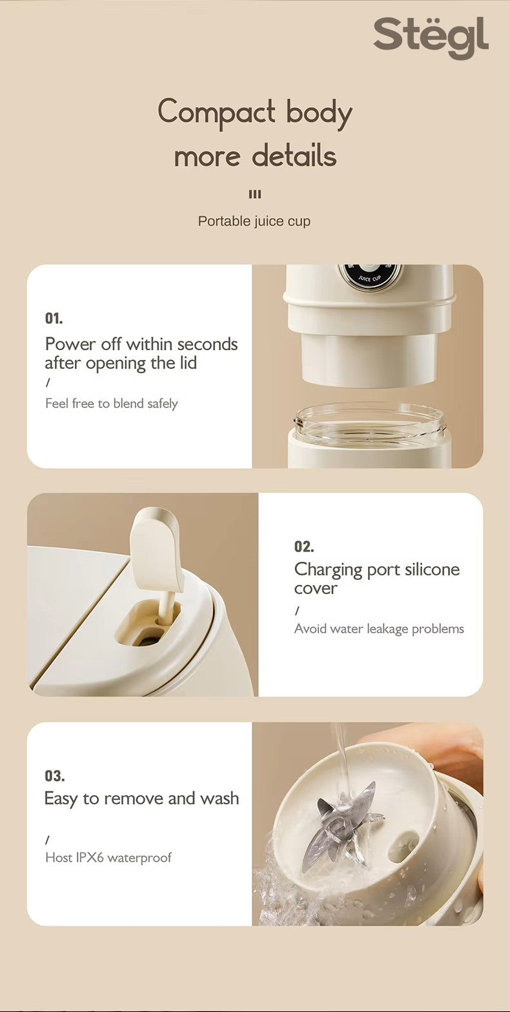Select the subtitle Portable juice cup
click(254, 221)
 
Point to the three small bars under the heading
click(255, 194)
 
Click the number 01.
click(54, 319)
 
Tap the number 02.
click(304, 547)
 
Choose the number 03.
click(55, 776)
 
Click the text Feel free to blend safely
click(112, 403)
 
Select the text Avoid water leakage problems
click(379, 629)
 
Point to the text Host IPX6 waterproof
click(108, 857)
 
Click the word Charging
click(328, 571)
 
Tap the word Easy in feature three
click(61, 799)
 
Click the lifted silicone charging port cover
click(155, 548)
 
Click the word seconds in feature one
click(207, 344)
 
